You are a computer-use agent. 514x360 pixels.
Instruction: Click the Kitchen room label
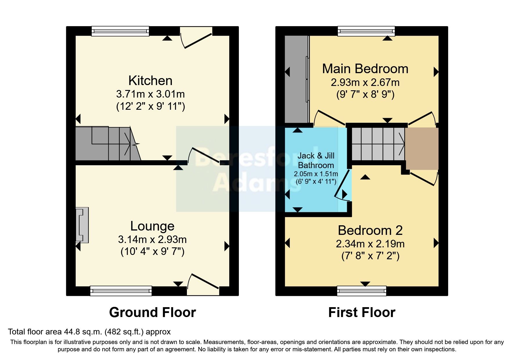tap(150, 81)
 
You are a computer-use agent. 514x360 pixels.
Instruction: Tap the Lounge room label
tap(152, 226)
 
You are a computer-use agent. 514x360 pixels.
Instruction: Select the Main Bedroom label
tap(365, 69)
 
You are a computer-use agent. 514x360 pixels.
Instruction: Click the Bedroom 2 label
tap(370, 231)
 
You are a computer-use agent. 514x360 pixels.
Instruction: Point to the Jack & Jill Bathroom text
tap(316, 160)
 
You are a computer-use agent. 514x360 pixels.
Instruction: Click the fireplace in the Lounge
tap(82, 225)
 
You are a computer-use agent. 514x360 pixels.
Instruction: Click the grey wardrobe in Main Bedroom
tap(296, 79)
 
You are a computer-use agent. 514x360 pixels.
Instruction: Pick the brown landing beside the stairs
tap(422, 148)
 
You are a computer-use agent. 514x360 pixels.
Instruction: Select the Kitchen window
tap(120, 31)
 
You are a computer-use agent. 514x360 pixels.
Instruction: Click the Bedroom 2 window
tap(362, 291)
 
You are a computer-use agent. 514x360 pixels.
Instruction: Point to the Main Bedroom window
tap(366, 31)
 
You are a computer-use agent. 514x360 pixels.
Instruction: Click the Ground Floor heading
tap(152, 313)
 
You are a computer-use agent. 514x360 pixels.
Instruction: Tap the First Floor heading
tap(362, 313)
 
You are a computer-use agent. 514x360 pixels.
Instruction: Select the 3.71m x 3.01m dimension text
tap(150, 94)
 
